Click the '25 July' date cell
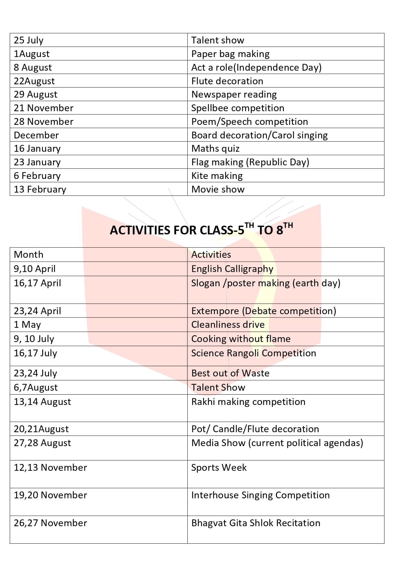(29, 40)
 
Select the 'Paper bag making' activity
(230, 54)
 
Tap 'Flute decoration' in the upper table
(227, 81)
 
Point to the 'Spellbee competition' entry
(237, 108)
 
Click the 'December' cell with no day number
(36, 135)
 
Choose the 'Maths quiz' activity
(215, 148)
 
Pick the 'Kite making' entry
(217, 176)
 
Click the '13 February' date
(40, 189)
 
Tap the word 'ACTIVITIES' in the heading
(140, 230)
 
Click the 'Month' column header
(29, 255)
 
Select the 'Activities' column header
(211, 255)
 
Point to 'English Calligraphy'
(232, 269)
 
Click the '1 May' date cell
(27, 325)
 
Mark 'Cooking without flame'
(241, 339)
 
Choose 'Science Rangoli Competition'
(253, 353)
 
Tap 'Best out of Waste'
(230, 373)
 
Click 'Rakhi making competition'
(248, 402)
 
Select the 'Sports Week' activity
(219, 468)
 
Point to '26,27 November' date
(50, 523)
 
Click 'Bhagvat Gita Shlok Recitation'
(256, 523)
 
